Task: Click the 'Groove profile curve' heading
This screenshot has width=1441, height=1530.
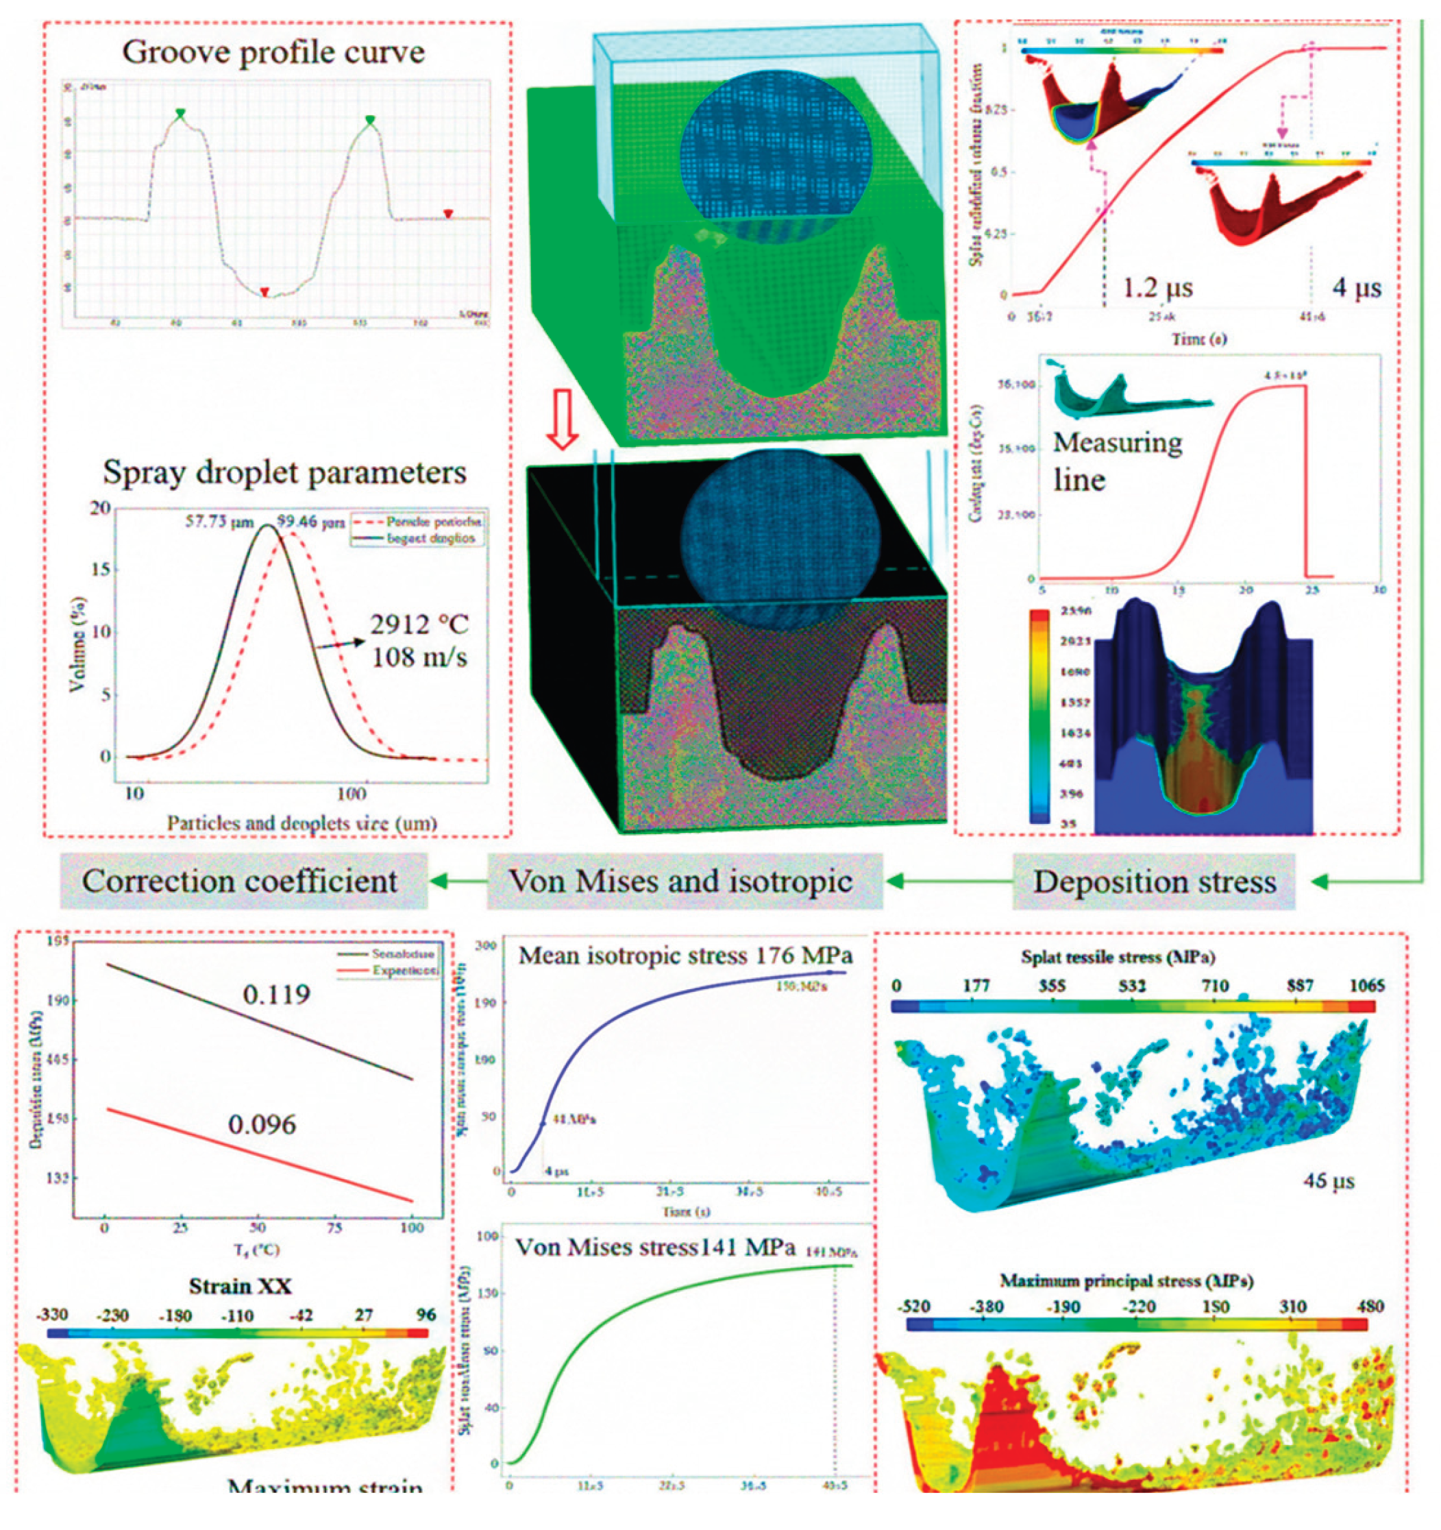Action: click(x=273, y=52)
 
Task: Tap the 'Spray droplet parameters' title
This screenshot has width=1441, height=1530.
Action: click(x=284, y=472)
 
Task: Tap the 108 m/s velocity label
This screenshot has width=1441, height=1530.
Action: click(x=419, y=658)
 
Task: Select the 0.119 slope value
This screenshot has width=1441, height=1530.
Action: click(x=276, y=995)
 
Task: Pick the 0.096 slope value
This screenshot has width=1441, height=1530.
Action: click(x=262, y=1125)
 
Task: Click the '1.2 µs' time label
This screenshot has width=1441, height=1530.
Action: click(x=1157, y=288)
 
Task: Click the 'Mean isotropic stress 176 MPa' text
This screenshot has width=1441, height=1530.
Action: click(x=685, y=956)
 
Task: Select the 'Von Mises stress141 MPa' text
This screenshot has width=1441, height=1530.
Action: click(x=655, y=1248)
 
